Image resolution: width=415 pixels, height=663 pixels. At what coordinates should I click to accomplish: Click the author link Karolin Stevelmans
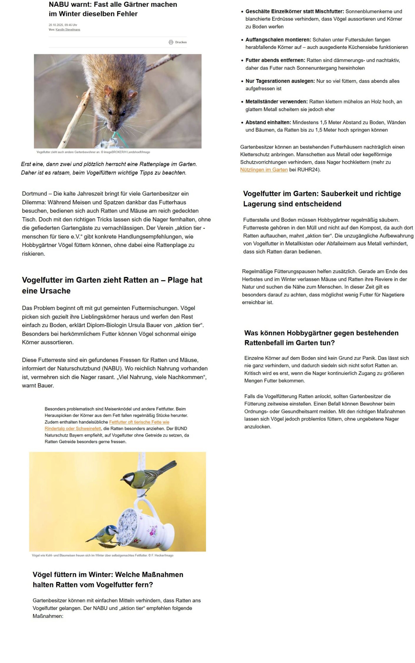tap(68, 30)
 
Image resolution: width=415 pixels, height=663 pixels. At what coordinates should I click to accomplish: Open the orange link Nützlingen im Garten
tap(264, 170)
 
